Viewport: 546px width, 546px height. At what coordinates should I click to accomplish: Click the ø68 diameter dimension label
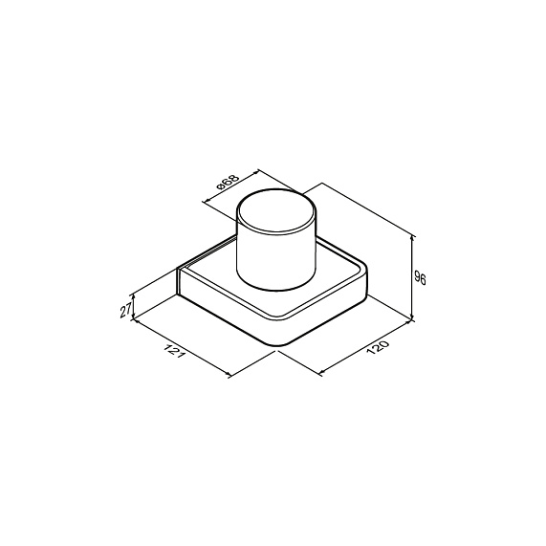(229, 182)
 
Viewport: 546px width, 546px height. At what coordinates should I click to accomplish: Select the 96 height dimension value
(420, 277)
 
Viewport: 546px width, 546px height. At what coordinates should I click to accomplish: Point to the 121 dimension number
(173, 352)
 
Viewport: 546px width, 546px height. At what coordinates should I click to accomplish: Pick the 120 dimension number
(377, 347)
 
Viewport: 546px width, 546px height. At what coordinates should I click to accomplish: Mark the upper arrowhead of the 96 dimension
(413, 238)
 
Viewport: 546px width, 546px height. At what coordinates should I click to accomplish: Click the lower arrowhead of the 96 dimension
(413, 316)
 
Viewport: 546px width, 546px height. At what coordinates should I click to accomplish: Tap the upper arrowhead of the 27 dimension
(133, 297)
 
